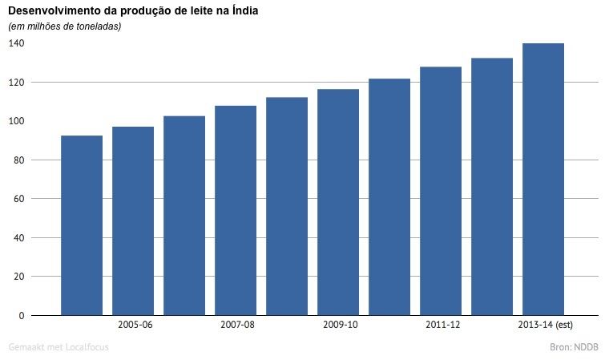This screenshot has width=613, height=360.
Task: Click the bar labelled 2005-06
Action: (x=133, y=220)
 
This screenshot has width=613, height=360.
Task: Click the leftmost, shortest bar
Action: (x=82, y=225)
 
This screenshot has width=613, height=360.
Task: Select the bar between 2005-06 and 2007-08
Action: (x=184, y=216)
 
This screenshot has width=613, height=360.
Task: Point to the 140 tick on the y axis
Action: (x=17, y=43)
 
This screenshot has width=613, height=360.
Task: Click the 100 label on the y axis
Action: (x=17, y=121)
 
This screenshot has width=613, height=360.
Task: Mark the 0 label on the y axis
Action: (x=22, y=316)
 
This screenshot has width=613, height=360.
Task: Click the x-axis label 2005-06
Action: (x=134, y=325)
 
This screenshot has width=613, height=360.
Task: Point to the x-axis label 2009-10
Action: (x=339, y=325)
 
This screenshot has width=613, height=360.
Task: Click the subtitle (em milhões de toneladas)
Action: (x=64, y=26)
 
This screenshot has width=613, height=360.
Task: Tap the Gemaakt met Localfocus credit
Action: (x=58, y=347)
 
